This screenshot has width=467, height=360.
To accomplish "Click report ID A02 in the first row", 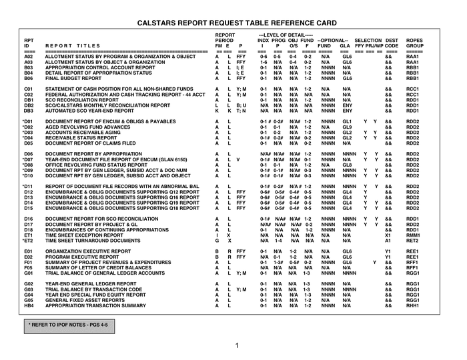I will click(x=28, y=57).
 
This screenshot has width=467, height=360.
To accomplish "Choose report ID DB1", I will click(x=29, y=99).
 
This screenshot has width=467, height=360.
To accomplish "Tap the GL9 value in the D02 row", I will click(x=347, y=127).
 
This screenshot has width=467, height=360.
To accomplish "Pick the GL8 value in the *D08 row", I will click(x=347, y=165).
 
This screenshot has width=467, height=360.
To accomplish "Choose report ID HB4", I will click(x=29, y=305).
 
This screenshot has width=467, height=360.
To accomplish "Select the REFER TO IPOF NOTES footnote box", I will click(x=59, y=325).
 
